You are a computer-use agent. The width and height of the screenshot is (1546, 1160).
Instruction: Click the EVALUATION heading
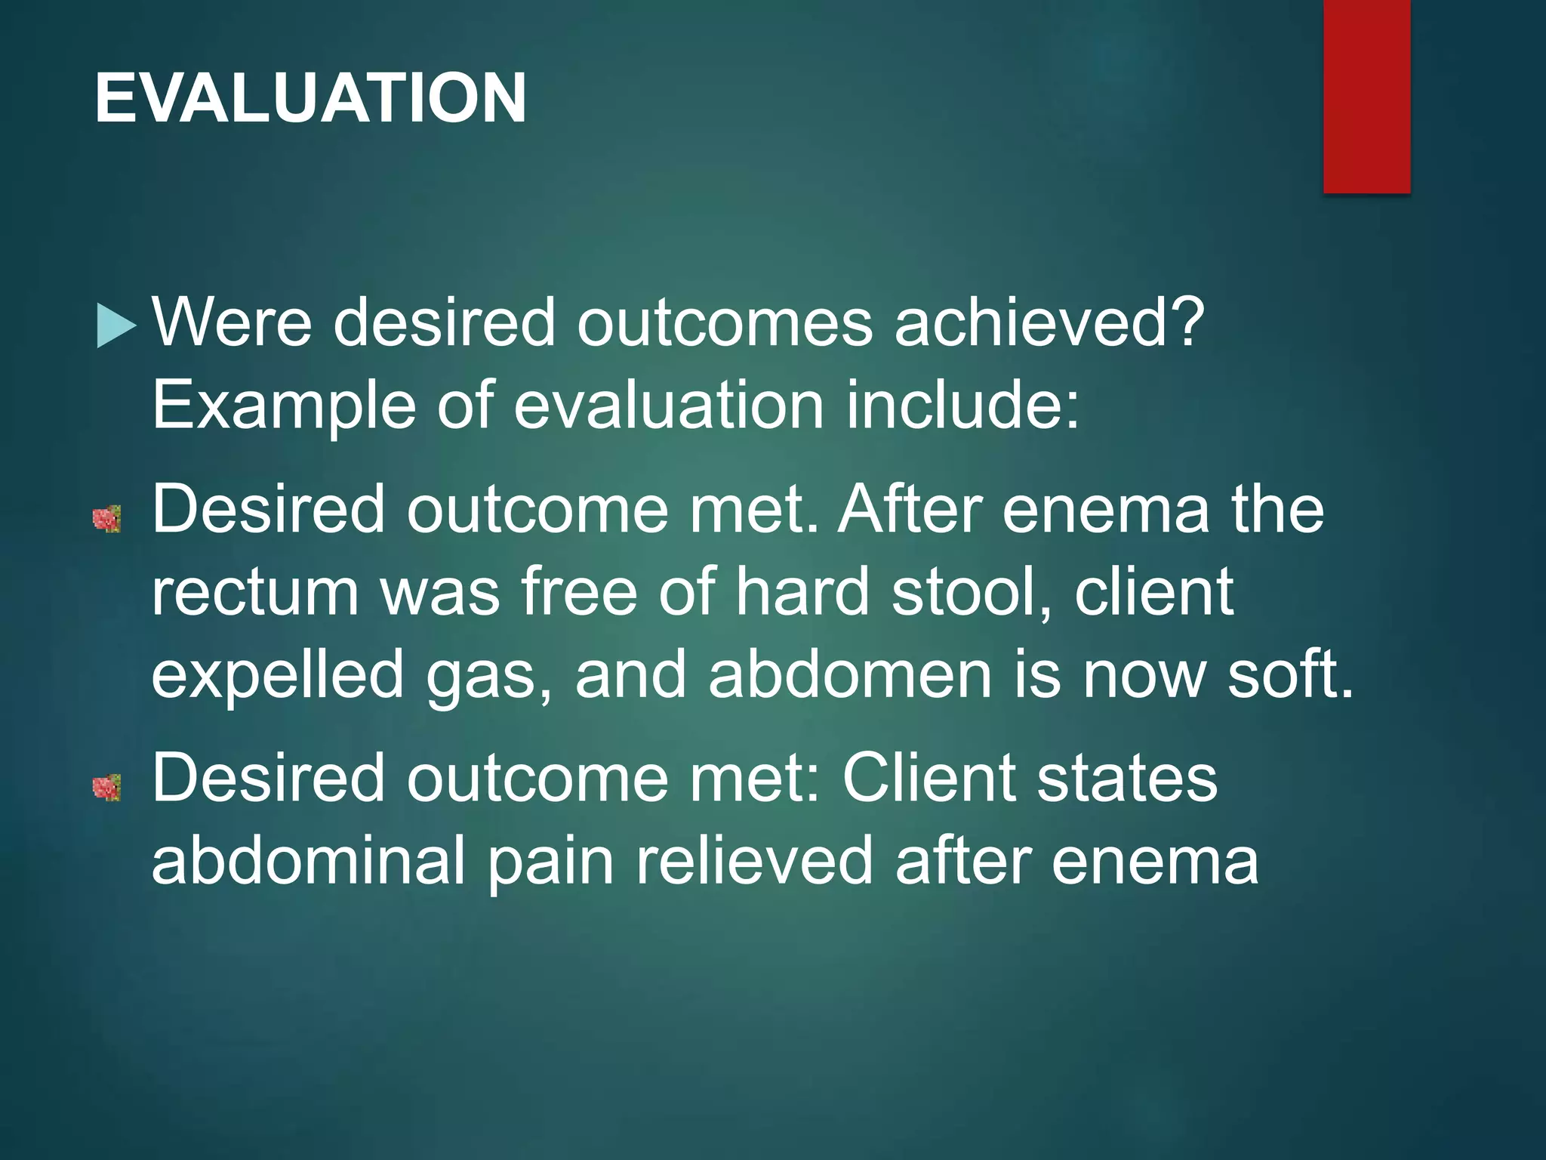click(x=310, y=97)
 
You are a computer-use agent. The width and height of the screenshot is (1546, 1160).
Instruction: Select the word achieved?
click(x=1049, y=322)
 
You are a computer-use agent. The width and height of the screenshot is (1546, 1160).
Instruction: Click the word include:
click(x=962, y=405)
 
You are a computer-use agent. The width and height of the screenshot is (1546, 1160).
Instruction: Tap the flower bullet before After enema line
click(x=106, y=520)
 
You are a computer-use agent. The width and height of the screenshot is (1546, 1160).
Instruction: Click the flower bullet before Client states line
click(x=106, y=788)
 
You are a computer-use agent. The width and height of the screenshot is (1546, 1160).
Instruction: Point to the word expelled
click(x=278, y=677)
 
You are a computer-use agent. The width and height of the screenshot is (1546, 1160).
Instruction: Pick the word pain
click(x=550, y=863)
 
